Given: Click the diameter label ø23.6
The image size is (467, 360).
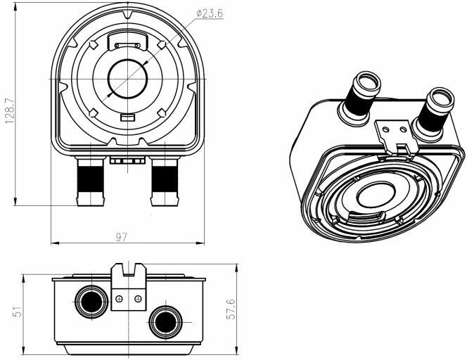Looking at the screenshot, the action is click(210, 13).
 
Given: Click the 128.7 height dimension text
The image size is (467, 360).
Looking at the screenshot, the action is click(10, 111).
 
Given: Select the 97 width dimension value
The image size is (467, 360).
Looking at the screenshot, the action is click(121, 238).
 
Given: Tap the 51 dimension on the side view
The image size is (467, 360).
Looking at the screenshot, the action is click(18, 311).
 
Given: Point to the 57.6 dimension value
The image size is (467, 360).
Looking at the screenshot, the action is click(231, 309).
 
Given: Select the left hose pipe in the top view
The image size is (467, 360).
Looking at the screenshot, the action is click(91, 181).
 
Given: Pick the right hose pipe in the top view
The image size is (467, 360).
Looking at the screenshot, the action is click(165, 181).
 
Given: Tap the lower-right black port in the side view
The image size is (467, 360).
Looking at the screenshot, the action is click(165, 323).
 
